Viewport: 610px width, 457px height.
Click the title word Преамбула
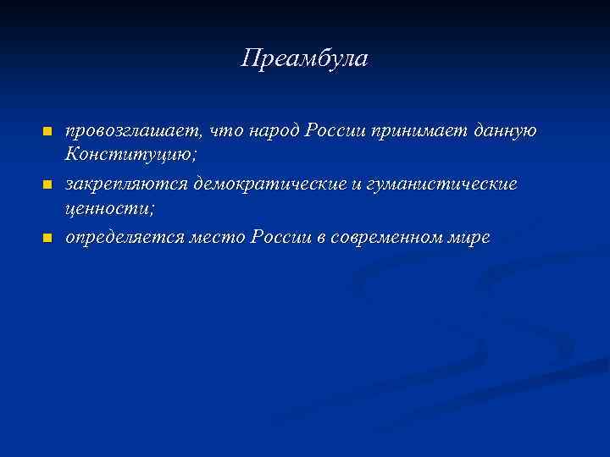click(x=304, y=59)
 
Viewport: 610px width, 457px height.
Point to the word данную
click(x=504, y=130)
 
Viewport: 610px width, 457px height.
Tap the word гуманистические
click(x=445, y=184)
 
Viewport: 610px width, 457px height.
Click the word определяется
click(x=126, y=237)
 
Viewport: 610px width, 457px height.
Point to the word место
click(x=219, y=237)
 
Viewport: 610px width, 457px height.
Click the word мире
click(x=470, y=237)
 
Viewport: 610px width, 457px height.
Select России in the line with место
click(x=284, y=237)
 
